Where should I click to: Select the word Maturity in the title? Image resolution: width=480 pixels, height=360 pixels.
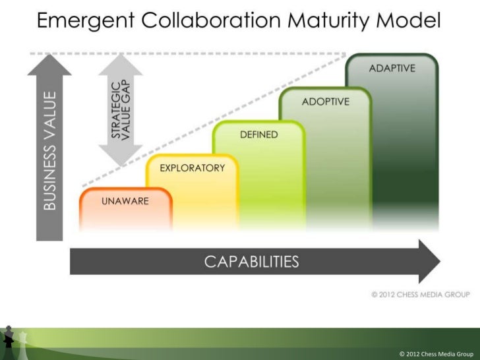(311, 24)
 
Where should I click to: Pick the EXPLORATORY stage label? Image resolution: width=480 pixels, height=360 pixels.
(192, 167)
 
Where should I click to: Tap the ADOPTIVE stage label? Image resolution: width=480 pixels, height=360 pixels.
(325, 102)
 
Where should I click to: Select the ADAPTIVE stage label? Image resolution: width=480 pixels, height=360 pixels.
(392, 69)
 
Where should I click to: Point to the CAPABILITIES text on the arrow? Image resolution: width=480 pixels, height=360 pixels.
(251, 262)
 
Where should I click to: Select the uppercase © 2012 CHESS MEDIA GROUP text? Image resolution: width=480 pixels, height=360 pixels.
(420, 294)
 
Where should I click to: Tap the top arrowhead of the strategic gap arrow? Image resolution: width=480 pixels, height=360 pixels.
(120, 63)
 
